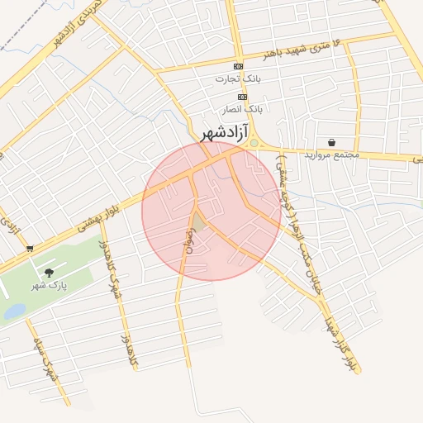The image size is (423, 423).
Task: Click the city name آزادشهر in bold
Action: pyautogui.click(x=226, y=131)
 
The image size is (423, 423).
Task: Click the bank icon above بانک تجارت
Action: pyautogui.click(x=239, y=66)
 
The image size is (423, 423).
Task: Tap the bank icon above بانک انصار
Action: pyautogui.click(x=242, y=97)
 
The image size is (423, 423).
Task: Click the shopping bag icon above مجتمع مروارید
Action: pyautogui.click(x=331, y=142)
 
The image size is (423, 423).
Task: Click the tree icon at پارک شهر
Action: pyautogui.click(x=49, y=272)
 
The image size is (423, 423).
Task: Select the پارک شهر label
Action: pyautogui.click(x=48, y=285)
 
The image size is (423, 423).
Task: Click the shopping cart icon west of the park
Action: pyautogui.click(x=30, y=247)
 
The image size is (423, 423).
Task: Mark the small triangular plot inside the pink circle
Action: pyautogui.click(x=197, y=221)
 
